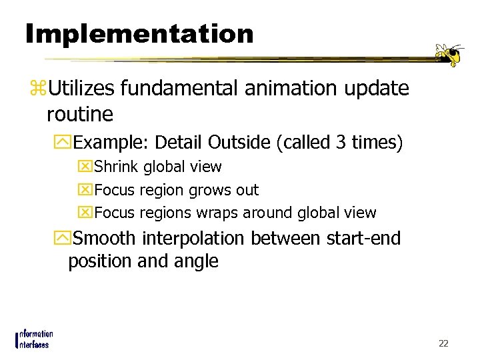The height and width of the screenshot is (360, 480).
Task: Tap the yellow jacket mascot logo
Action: point(449,54)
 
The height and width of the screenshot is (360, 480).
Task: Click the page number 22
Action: point(443,343)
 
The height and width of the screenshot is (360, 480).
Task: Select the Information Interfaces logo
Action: point(33,339)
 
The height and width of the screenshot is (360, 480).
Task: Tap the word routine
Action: point(80,115)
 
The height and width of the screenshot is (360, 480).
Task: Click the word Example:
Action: point(111,143)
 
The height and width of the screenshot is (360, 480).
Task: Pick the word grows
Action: point(208,190)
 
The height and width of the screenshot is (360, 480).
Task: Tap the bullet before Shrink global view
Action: point(85,167)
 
